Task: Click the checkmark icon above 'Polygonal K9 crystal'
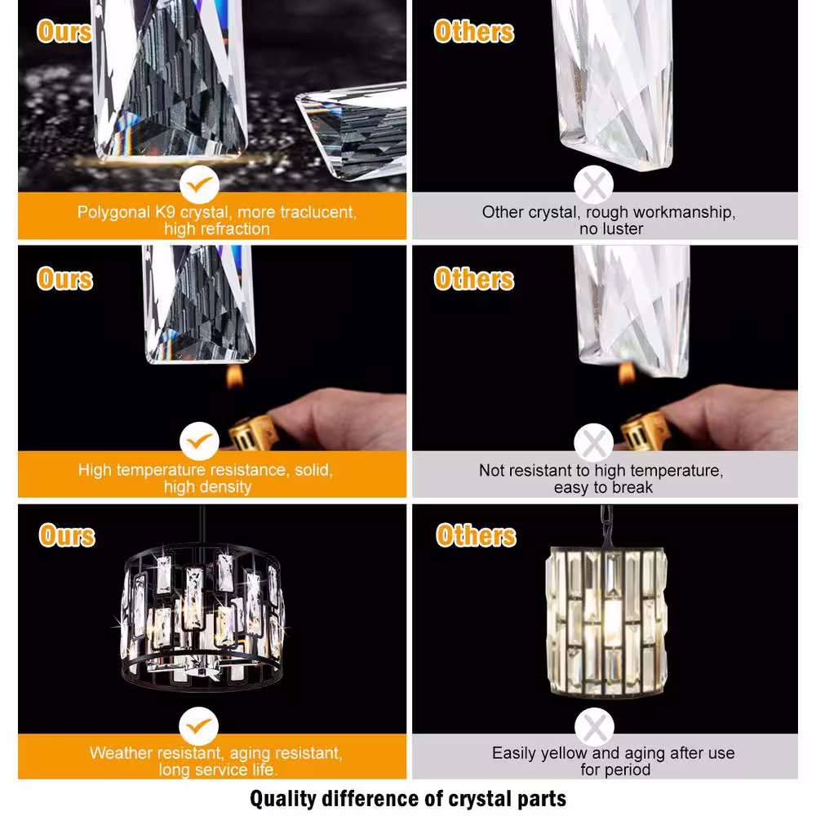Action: (x=199, y=184)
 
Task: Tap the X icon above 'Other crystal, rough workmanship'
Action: (x=594, y=184)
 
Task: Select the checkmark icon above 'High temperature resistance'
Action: (x=199, y=441)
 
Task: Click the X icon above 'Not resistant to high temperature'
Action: (x=594, y=443)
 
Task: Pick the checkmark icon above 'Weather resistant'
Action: (x=199, y=726)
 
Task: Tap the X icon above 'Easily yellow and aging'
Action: (x=594, y=727)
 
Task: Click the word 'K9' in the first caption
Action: (x=166, y=212)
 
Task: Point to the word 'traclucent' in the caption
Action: (x=318, y=212)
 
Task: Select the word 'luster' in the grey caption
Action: (x=622, y=229)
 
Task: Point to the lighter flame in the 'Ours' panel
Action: (x=235, y=376)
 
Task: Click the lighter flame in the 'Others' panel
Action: (x=627, y=373)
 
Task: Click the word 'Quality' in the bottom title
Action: (x=283, y=799)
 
